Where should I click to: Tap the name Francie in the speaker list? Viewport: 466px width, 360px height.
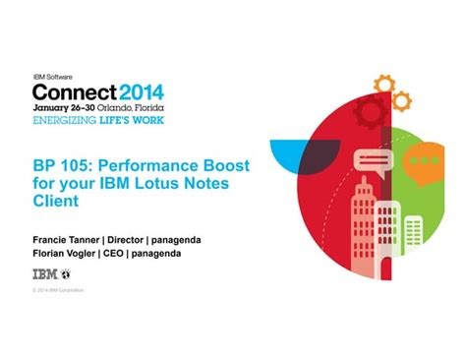coord(50,238)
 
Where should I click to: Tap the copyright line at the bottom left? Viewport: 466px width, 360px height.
coord(58,290)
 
